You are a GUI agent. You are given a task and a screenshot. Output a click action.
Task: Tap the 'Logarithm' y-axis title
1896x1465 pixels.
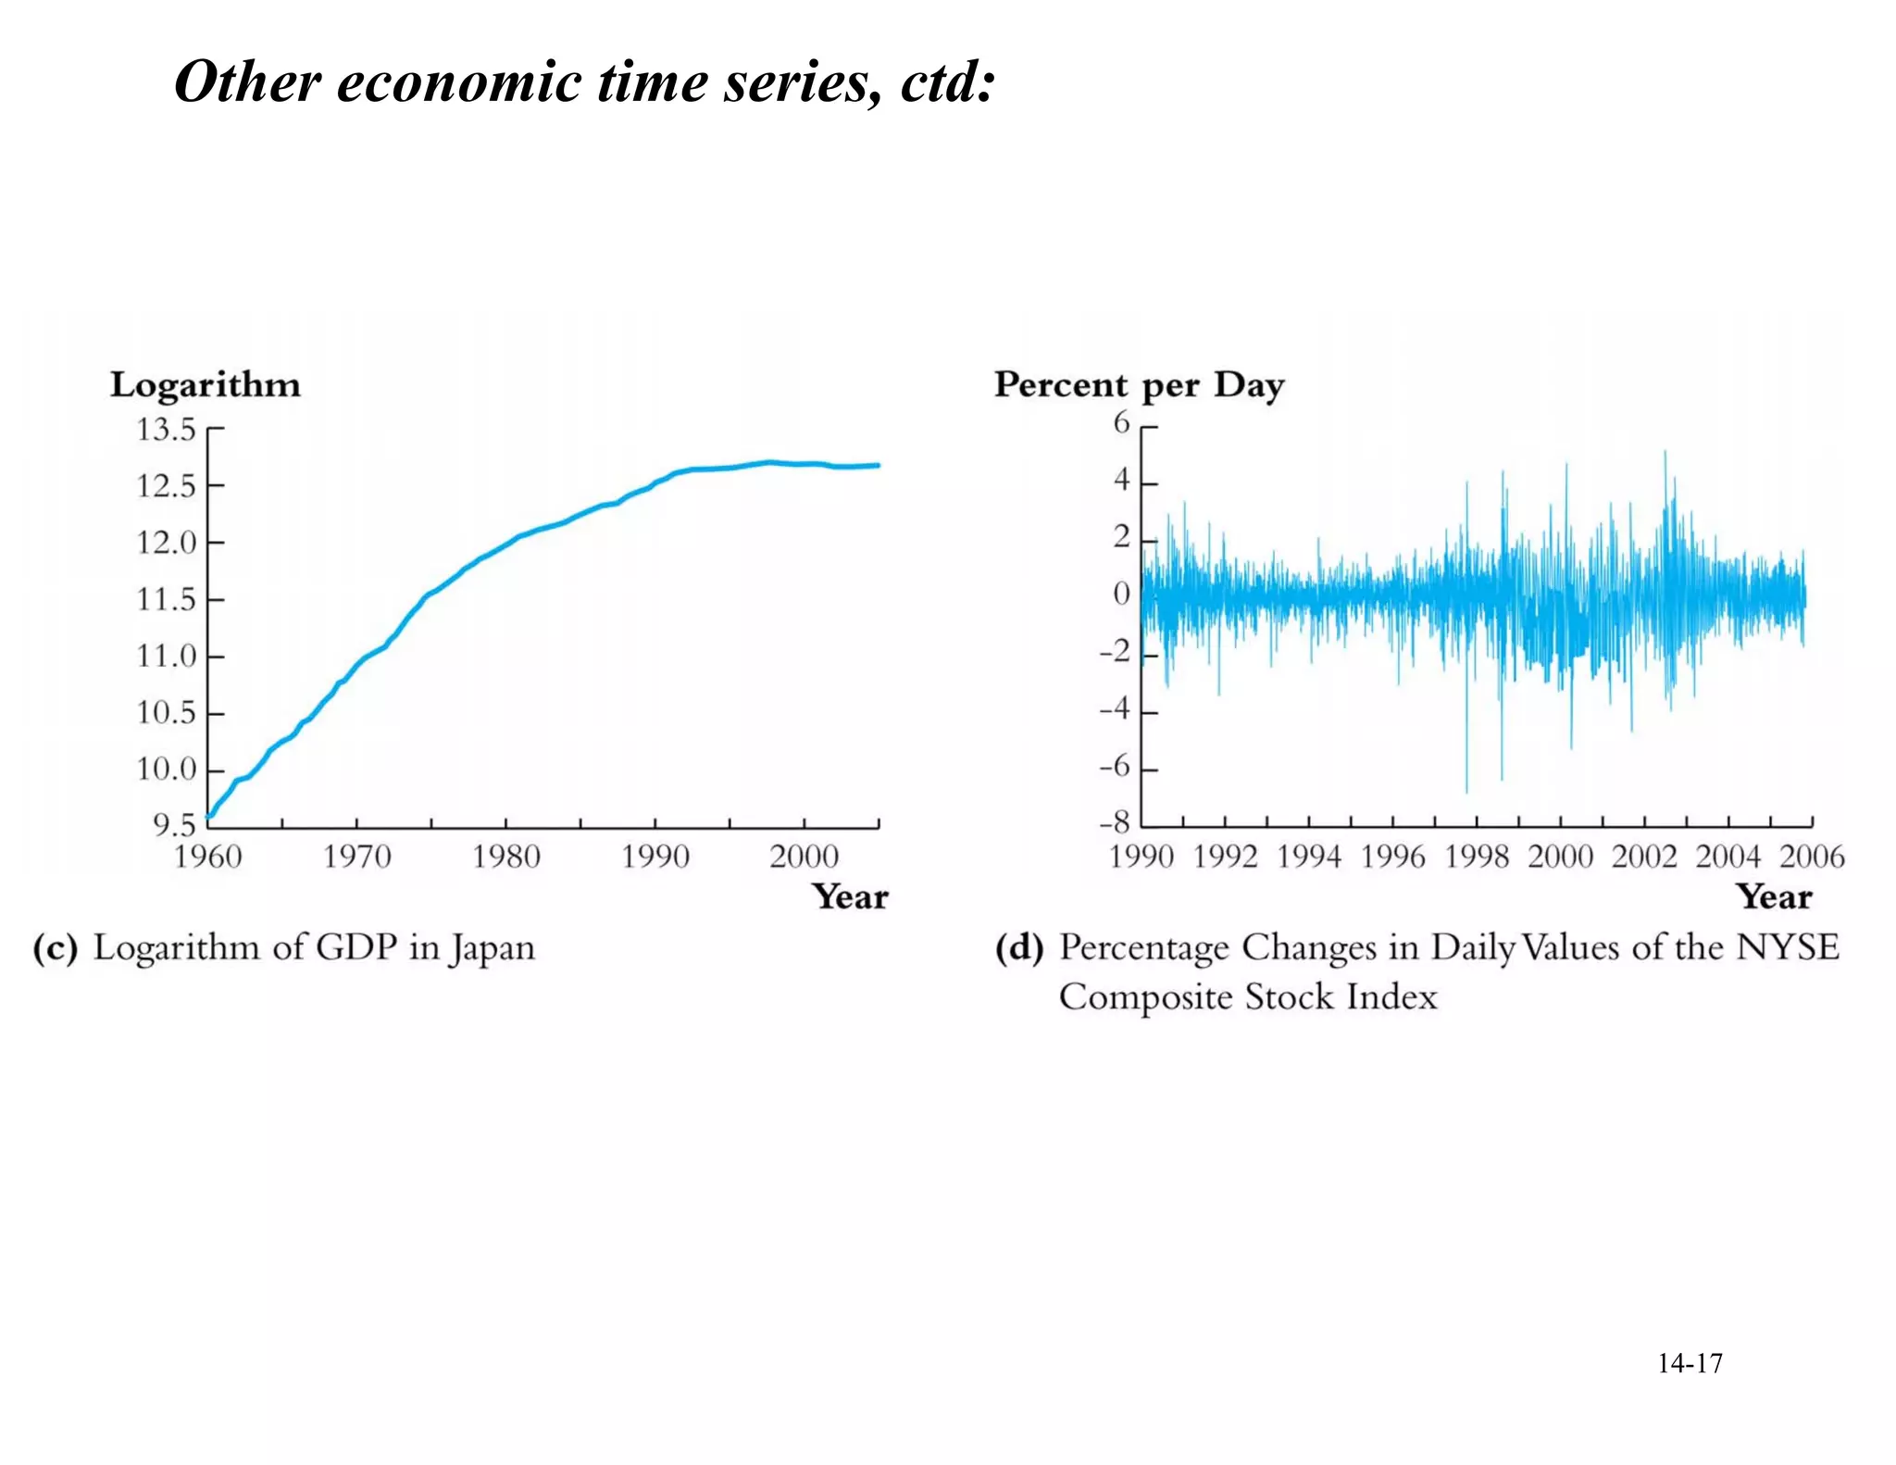pyautogui.click(x=206, y=385)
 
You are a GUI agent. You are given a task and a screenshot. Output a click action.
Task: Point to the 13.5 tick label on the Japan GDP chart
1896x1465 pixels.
pyautogui.click(x=167, y=430)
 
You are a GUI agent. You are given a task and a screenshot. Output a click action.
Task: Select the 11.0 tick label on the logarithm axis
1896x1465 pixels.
pyautogui.click(x=167, y=657)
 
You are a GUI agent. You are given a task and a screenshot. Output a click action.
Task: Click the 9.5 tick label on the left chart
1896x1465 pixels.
pyautogui.click(x=174, y=824)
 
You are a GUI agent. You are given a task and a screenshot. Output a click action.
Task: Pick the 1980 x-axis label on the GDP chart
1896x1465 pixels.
pyautogui.click(x=506, y=857)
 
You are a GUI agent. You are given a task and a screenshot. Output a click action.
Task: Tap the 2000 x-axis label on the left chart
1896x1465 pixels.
pyautogui.click(x=805, y=857)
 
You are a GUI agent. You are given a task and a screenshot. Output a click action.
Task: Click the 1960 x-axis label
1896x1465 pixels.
pyautogui.click(x=208, y=857)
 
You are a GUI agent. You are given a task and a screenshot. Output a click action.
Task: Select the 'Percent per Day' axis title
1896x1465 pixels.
pyautogui.click(x=1139, y=385)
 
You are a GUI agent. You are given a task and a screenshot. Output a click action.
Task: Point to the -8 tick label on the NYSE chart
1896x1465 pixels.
pyautogui.click(x=1115, y=822)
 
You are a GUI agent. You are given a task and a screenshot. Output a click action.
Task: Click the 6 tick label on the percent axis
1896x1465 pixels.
pyautogui.click(x=1122, y=422)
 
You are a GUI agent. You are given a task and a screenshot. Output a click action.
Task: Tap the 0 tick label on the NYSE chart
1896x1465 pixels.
pyautogui.click(x=1122, y=593)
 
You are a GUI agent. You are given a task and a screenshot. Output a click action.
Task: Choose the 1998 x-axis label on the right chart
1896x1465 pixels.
pyautogui.click(x=1477, y=857)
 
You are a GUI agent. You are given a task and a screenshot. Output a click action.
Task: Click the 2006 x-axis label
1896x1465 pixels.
pyautogui.click(x=1812, y=857)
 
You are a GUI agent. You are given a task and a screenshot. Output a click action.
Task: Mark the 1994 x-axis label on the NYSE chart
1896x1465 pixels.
pyautogui.click(x=1309, y=857)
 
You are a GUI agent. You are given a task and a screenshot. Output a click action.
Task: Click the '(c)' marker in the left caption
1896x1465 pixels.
pyautogui.click(x=56, y=948)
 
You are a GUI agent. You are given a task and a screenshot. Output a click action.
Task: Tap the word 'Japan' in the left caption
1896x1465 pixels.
pyautogui.click(x=493, y=949)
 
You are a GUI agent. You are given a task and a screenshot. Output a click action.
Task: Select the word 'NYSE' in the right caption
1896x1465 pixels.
pyautogui.click(x=1787, y=947)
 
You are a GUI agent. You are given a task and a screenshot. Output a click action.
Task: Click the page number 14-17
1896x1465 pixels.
pyautogui.click(x=1690, y=1363)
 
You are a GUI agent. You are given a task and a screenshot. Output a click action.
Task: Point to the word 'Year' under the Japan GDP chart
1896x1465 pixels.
pyautogui.click(x=850, y=897)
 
